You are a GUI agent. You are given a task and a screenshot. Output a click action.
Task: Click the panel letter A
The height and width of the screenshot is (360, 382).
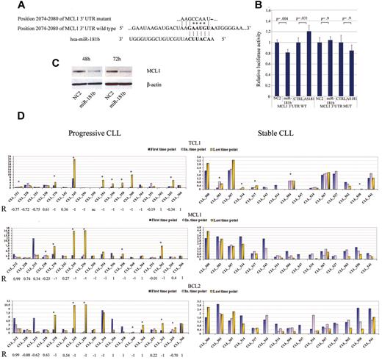pyautogui.click(x=10, y=6)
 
